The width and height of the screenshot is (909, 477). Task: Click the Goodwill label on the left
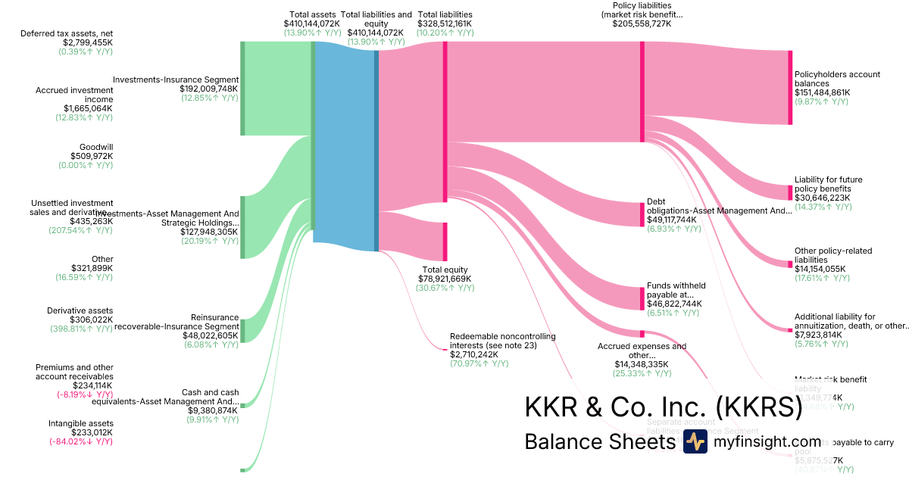pyautogui.click(x=96, y=147)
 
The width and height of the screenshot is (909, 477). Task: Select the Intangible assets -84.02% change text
pyautogui.click(x=81, y=441)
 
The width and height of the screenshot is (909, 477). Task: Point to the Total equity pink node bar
pyautogui.click(x=445, y=242)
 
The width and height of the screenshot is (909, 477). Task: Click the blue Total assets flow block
pyautogui.click(x=344, y=144)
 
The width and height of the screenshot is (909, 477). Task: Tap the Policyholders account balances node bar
pyautogui.click(x=790, y=87)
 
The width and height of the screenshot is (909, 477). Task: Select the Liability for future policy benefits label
pyautogui.click(x=828, y=184)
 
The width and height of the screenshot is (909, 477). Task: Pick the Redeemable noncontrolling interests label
pyautogui.click(x=503, y=340)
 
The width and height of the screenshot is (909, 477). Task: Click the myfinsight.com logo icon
pyautogui.click(x=695, y=441)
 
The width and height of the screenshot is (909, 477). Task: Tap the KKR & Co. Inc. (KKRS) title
pyautogui.click(x=663, y=407)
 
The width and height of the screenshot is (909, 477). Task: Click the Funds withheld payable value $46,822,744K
pyautogui.click(x=674, y=304)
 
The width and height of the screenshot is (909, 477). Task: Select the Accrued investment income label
pyautogui.click(x=74, y=95)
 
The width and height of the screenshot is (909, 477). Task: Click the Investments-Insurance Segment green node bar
pyautogui.click(x=242, y=89)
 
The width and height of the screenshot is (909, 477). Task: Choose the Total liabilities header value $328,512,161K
pyautogui.click(x=445, y=23)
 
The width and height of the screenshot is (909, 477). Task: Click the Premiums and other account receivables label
pyautogui.click(x=74, y=372)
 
